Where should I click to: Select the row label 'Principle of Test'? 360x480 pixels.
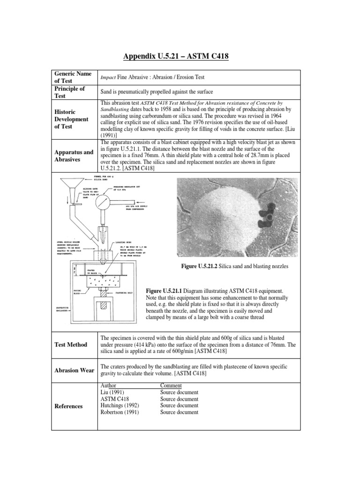(x=70, y=92)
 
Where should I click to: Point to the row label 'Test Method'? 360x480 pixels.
(x=70, y=345)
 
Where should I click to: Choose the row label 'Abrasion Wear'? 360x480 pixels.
(x=74, y=370)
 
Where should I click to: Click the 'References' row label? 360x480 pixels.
(x=69, y=406)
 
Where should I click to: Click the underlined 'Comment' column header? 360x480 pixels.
(x=171, y=385)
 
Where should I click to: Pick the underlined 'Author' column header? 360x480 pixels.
(x=109, y=385)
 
